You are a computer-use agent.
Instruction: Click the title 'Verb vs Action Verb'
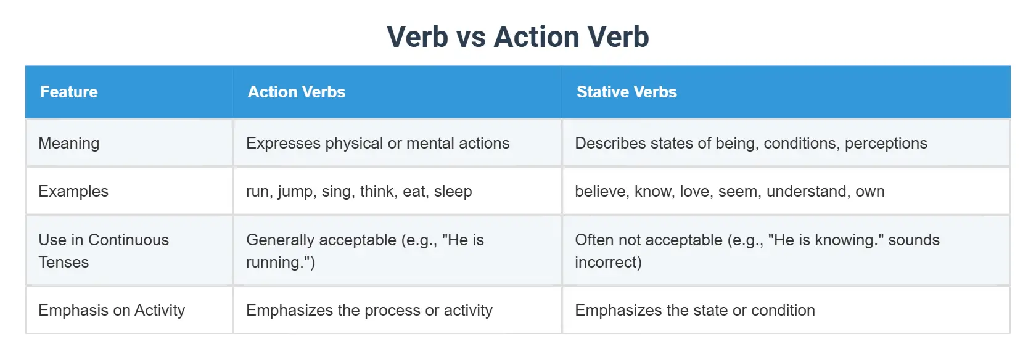[x=517, y=37]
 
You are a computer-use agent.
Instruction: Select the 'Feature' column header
[x=69, y=92]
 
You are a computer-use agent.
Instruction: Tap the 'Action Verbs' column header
[x=296, y=92]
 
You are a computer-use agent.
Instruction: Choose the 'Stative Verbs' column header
[x=627, y=92]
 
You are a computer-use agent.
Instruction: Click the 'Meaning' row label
[x=69, y=143]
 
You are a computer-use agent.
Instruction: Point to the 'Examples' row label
[x=73, y=191]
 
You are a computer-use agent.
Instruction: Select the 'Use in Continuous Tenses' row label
[x=103, y=251]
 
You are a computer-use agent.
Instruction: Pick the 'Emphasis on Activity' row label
[x=112, y=310]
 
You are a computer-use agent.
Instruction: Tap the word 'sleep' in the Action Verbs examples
[x=453, y=192]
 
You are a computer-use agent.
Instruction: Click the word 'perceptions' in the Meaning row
[x=886, y=144]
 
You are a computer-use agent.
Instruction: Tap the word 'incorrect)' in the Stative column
[x=608, y=263]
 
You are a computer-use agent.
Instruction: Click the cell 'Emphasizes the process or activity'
[x=369, y=310]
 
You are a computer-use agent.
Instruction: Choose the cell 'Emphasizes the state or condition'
[x=694, y=310]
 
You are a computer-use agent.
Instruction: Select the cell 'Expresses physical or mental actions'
[x=377, y=143]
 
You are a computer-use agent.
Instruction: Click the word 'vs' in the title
[x=471, y=37]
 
